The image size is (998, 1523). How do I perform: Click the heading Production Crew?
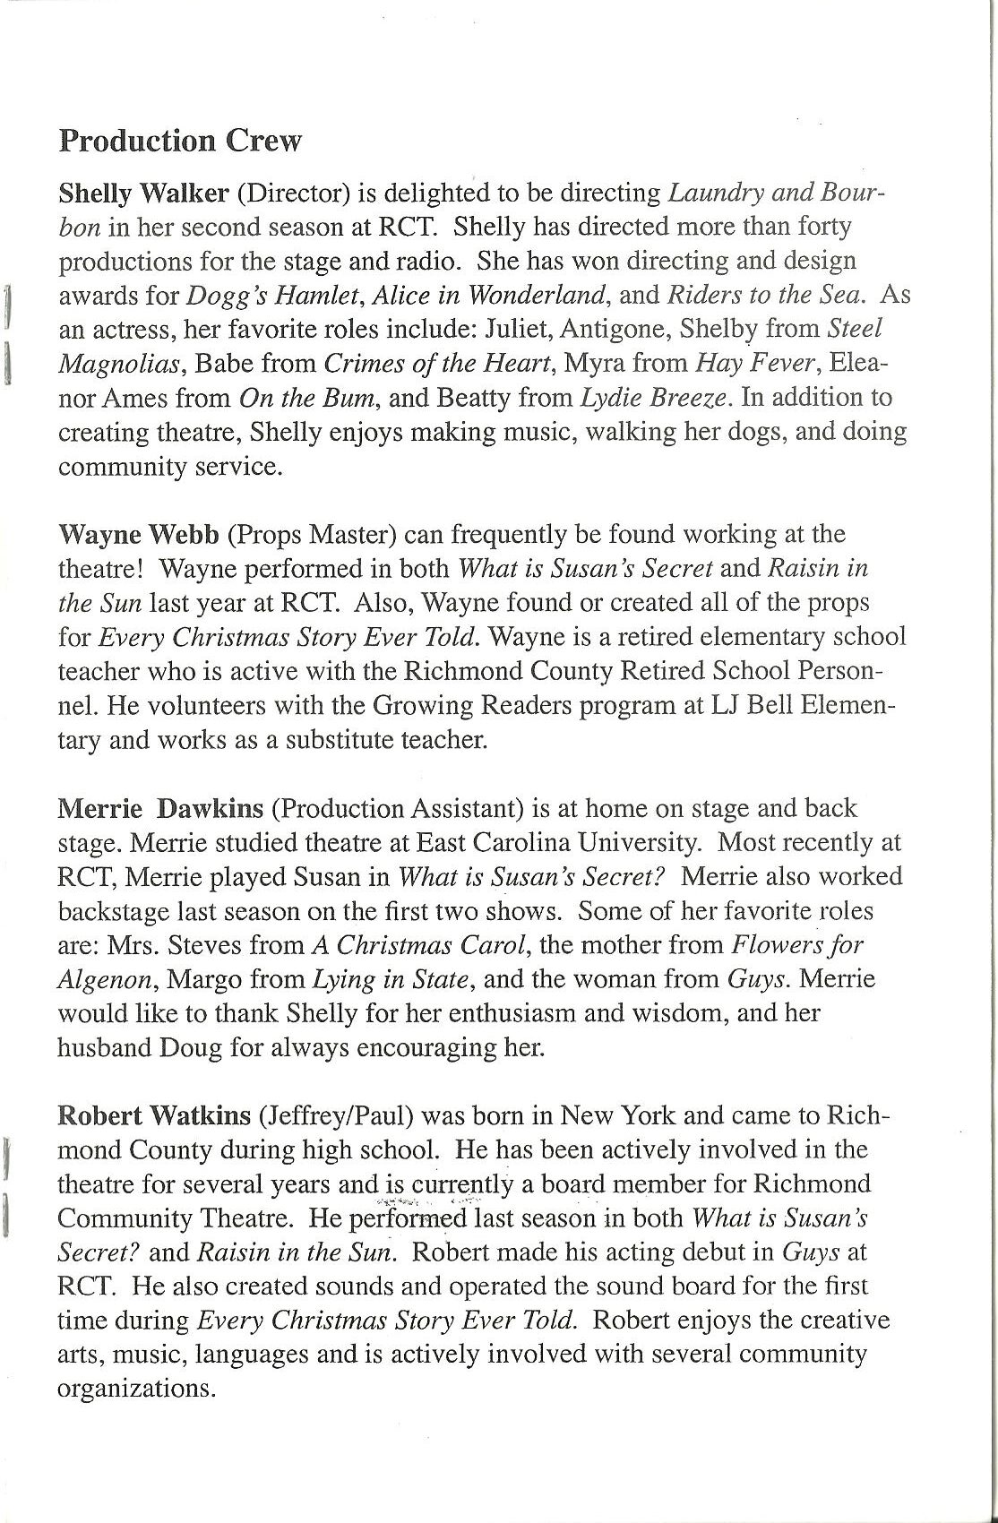tap(180, 141)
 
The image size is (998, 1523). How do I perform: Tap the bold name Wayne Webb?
tap(138, 535)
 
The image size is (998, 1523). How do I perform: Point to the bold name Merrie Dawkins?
tap(160, 808)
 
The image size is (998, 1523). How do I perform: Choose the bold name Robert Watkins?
tap(154, 1115)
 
